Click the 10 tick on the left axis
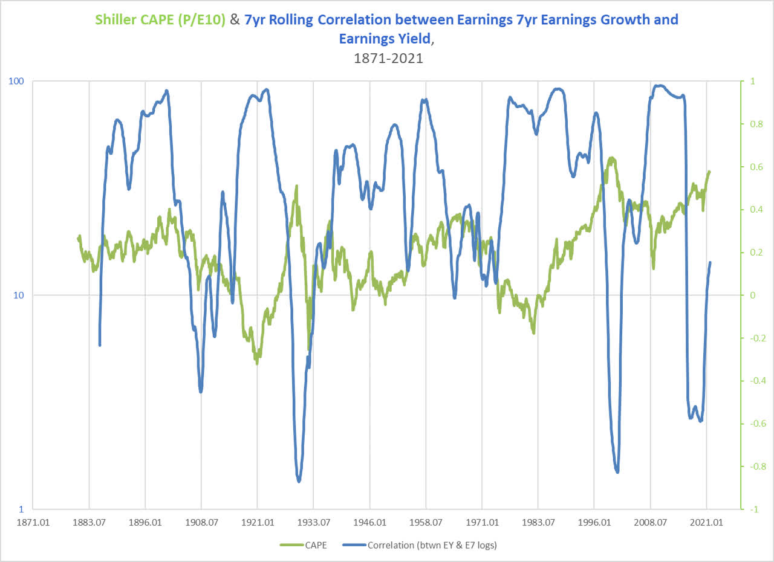point(19,295)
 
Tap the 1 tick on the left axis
point(21,509)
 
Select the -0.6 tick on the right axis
point(753,423)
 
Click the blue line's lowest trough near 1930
point(299,481)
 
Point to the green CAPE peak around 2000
point(613,158)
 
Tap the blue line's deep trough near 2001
point(617,472)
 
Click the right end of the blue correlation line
point(711,262)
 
